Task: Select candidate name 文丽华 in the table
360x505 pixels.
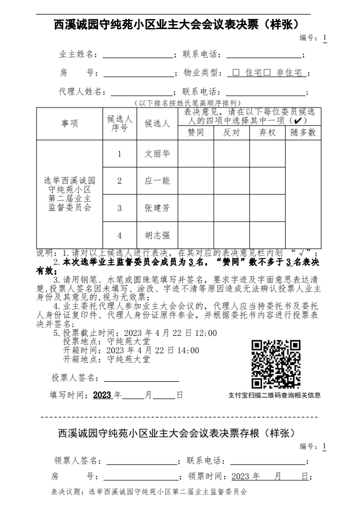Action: [x=157, y=154]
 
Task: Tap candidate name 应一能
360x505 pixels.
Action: [x=157, y=181]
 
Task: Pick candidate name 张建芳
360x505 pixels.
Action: [x=157, y=208]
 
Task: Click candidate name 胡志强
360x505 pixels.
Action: [x=157, y=235]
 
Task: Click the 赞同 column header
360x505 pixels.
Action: [x=195, y=133]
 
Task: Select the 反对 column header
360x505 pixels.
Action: [x=231, y=133]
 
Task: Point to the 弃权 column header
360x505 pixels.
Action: [x=267, y=133]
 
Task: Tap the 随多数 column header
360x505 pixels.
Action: [x=303, y=133]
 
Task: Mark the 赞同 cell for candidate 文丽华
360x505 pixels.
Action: [x=195, y=154]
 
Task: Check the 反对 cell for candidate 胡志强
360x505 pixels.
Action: [x=231, y=235]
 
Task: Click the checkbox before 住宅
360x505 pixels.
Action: [x=236, y=73]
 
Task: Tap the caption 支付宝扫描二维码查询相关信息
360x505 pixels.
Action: [x=274, y=395]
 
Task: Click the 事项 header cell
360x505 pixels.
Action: [x=69, y=124]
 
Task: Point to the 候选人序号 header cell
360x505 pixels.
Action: [x=119, y=124]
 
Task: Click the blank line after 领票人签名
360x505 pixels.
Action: [x=142, y=462]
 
